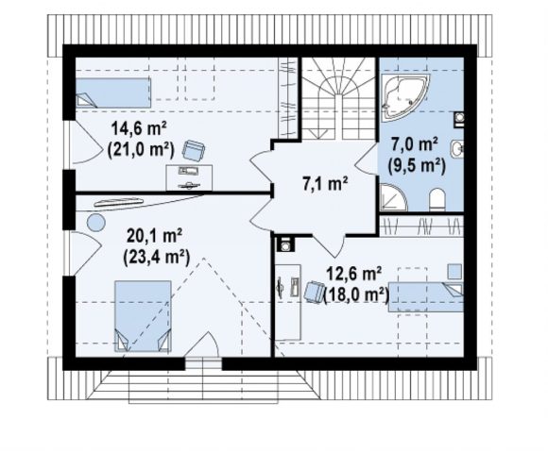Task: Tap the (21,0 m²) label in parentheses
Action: coord(141,150)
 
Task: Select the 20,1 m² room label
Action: coord(154,236)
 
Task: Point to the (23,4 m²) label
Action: coord(156,258)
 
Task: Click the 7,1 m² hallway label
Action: coord(325,184)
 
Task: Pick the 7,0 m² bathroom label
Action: coord(415,144)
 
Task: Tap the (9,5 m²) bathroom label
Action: coord(417,165)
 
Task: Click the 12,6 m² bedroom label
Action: coord(353,274)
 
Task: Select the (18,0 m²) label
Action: coord(356,294)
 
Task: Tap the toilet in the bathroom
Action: coord(437,200)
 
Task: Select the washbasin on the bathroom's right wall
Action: coord(457,149)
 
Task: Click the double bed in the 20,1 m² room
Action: coord(143,316)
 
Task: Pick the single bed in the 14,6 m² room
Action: coord(113,92)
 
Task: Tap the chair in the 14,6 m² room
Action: coord(194,150)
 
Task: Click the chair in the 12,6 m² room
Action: coord(315,292)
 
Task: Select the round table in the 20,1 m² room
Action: coord(96,223)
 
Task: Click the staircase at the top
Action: coord(338,98)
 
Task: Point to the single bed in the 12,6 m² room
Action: coord(426,297)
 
